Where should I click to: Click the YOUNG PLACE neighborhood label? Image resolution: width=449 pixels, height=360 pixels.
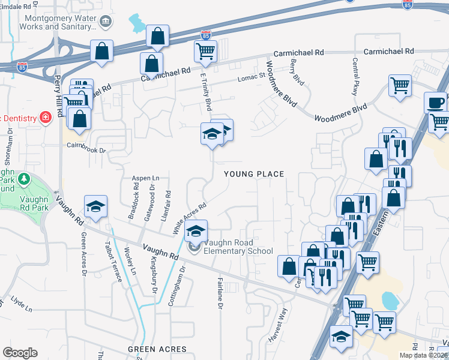[254, 174]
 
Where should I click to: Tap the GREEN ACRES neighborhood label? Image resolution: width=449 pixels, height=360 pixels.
[157, 349]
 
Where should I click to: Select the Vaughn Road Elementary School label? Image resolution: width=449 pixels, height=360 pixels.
[238, 247]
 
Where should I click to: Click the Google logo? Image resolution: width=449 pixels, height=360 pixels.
[20, 353]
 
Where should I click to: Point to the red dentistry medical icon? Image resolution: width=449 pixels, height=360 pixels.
[44, 116]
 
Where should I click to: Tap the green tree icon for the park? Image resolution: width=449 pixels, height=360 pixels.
[23, 179]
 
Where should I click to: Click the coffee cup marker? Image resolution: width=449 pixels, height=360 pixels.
[436, 102]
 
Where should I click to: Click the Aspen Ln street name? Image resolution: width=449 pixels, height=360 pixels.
[146, 178]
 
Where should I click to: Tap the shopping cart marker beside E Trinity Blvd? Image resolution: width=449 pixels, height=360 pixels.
[205, 52]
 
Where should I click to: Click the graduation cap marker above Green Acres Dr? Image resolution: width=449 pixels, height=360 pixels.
[95, 206]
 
